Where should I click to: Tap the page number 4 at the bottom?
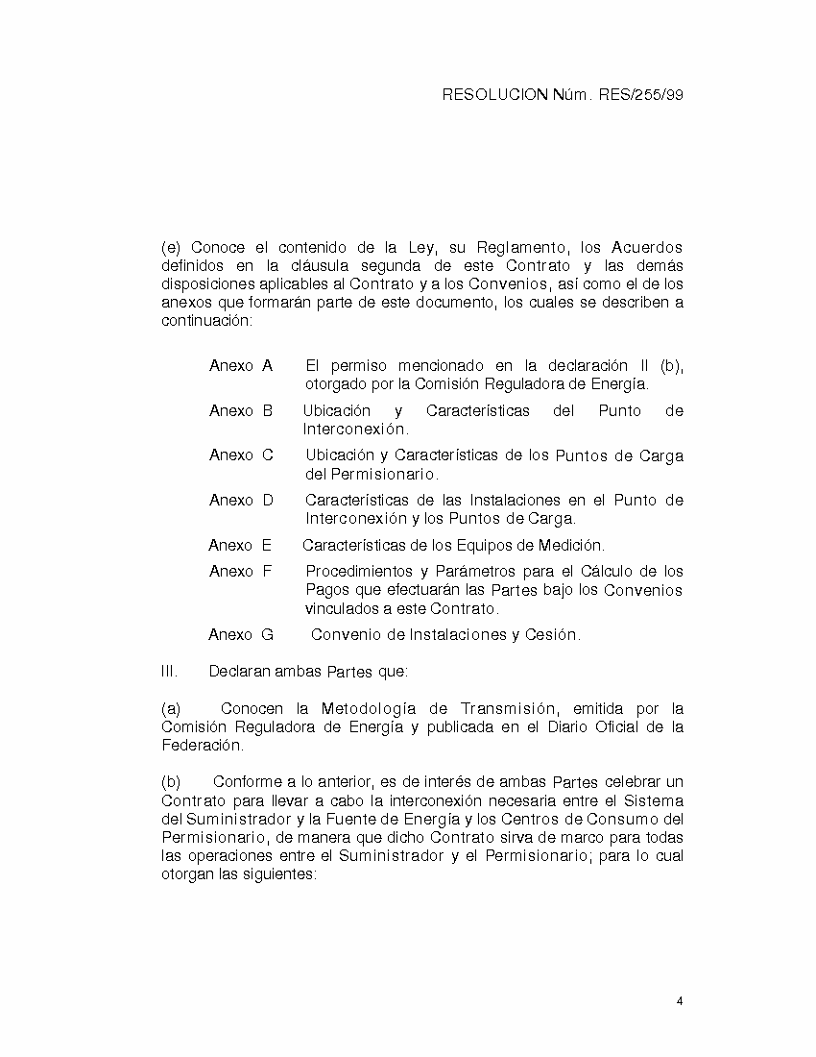point(680,1001)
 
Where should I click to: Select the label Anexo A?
point(241,366)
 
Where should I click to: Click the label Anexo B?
point(241,411)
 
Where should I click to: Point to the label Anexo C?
point(241,455)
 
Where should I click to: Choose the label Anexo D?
point(241,501)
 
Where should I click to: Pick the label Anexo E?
point(240,546)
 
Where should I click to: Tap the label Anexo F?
point(241,572)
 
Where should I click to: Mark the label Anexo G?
point(241,635)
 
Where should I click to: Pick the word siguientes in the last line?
point(279,875)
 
